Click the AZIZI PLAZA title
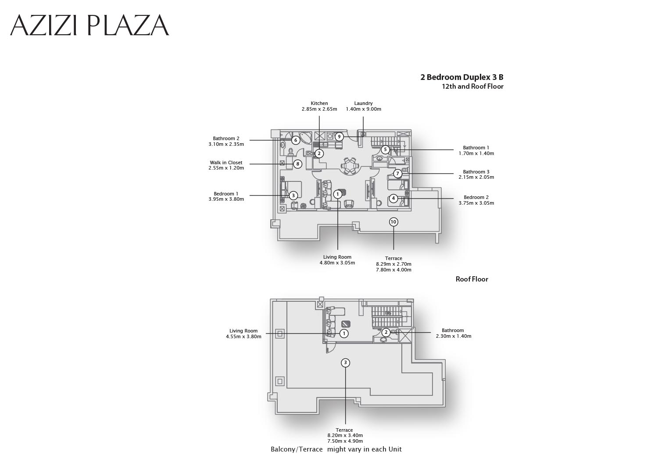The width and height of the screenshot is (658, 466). (89, 25)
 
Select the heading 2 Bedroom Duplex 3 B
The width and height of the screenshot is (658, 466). (462, 77)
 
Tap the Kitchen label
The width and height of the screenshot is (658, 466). (319, 103)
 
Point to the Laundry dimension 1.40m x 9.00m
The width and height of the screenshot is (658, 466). (363, 109)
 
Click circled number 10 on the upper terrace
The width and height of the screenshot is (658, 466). (393, 222)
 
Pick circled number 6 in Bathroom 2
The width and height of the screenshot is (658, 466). (296, 141)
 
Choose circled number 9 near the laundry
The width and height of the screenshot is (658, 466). (339, 137)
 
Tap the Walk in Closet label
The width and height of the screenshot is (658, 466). (226, 163)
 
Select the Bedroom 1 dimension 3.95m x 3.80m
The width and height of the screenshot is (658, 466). (226, 199)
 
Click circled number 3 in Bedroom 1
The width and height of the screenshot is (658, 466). (293, 195)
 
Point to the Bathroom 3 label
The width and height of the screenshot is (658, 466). (476, 172)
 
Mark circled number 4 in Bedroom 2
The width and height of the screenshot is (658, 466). (393, 199)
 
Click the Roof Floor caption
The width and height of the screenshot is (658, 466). (472, 279)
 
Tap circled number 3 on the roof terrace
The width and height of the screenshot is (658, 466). (346, 363)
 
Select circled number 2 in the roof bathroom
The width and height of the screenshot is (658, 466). (386, 332)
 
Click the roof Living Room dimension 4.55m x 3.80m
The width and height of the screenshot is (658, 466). (243, 336)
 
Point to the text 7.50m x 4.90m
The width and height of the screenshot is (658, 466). (345, 441)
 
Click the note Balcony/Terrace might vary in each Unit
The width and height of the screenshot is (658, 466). (336, 449)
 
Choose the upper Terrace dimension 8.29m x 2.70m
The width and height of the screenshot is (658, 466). (393, 264)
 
